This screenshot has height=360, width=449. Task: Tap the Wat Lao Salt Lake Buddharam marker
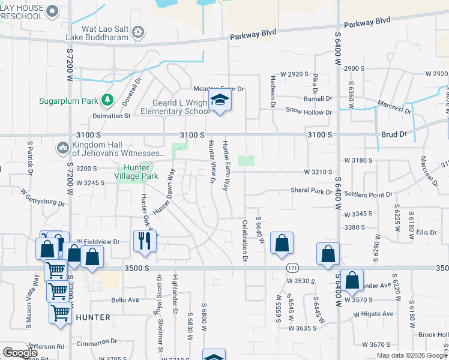[139, 31]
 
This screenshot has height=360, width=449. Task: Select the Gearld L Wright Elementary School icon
[220, 102]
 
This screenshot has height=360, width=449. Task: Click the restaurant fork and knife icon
[145, 241]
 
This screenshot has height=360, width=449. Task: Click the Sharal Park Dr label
[311, 192]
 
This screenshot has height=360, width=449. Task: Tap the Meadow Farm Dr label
[223, 89]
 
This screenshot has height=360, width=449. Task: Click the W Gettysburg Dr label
[42, 197]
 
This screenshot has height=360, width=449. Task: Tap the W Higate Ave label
[373, 314]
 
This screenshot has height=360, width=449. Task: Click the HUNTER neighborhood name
[93, 317]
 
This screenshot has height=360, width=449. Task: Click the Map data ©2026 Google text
[412, 355]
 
